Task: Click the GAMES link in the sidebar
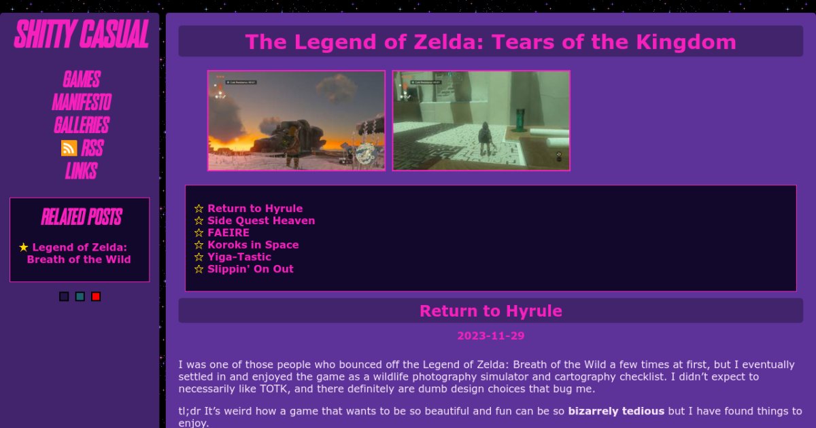tap(81, 79)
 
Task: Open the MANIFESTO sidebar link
tap(81, 103)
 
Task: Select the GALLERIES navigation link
tap(81, 126)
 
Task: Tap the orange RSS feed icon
tap(69, 148)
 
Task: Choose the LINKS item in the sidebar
tap(81, 171)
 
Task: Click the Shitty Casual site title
tap(81, 35)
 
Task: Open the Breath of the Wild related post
tap(79, 253)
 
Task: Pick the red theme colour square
tap(96, 296)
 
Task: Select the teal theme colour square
tap(80, 296)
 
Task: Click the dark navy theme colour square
tap(64, 296)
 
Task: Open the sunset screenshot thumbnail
tap(296, 120)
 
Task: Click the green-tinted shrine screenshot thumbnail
tap(481, 120)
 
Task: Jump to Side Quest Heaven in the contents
tap(261, 221)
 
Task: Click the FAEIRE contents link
tap(228, 232)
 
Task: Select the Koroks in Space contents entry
tap(253, 245)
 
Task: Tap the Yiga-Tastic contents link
tap(239, 257)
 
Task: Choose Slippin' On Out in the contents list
tap(250, 269)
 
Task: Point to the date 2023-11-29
tap(490, 336)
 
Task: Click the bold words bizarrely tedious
tap(616, 411)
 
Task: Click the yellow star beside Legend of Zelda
tap(24, 247)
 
